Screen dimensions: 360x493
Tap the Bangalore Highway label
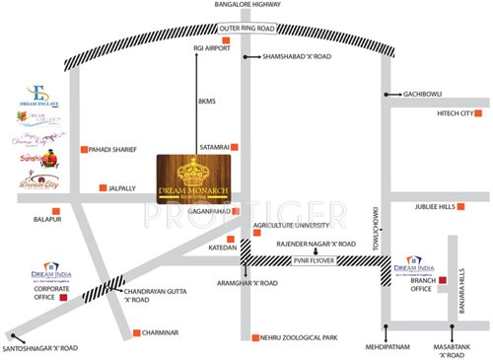pyautogui.click(x=246, y=7)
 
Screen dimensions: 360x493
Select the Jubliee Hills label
pyautogui.click(x=436, y=207)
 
